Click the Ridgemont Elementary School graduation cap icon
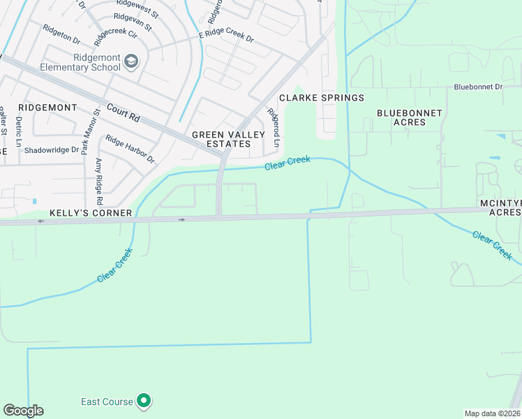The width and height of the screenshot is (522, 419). pyautogui.click(x=130, y=62)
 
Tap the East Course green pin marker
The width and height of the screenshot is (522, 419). pyautogui.click(x=144, y=401)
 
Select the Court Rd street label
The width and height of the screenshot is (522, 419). pyautogui.click(x=124, y=114)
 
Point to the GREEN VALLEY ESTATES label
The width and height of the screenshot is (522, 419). pyautogui.click(x=221, y=139)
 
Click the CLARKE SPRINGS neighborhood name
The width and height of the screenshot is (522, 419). pyautogui.click(x=322, y=98)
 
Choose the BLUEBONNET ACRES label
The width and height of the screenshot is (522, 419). pyautogui.click(x=410, y=117)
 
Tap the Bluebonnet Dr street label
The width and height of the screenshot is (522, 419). pyautogui.click(x=478, y=87)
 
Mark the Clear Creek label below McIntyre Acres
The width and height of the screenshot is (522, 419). pyautogui.click(x=493, y=246)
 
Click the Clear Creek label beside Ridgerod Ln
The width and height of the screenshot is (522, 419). pyautogui.click(x=287, y=164)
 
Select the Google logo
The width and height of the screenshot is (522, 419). pyautogui.click(x=23, y=411)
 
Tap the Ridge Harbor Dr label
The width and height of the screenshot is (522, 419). pyautogui.click(x=130, y=149)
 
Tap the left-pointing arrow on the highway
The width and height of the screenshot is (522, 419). pyautogui.click(x=40, y=221)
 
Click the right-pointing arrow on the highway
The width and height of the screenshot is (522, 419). pyautogui.click(x=182, y=219)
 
